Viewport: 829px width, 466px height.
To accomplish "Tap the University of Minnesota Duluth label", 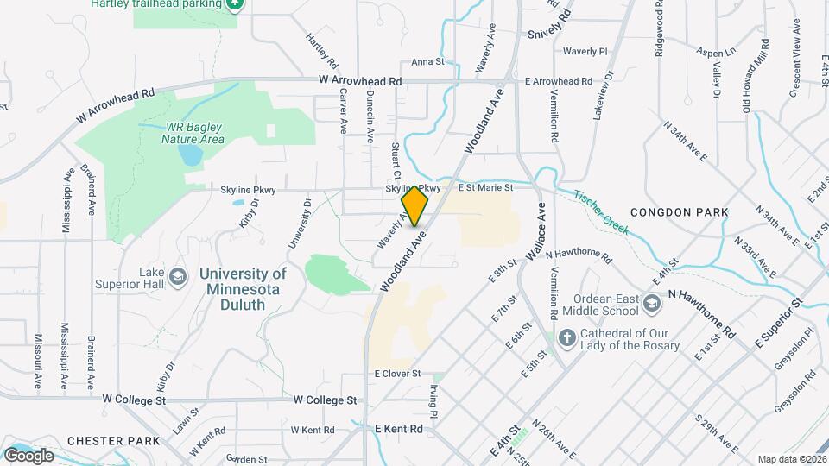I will [x=243, y=281].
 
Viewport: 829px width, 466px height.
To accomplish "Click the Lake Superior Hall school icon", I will [x=178, y=277].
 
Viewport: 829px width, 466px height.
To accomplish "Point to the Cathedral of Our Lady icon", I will [x=566, y=337].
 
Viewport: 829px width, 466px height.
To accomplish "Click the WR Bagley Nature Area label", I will [x=194, y=132].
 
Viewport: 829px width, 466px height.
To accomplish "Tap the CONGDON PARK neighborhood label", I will [x=679, y=211].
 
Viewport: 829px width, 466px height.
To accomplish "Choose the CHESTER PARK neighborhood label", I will [x=115, y=440].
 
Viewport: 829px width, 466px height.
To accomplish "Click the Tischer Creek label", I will [x=602, y=211].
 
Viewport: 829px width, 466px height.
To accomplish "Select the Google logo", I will [x=28, y=455].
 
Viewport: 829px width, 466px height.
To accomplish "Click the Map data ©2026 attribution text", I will [x=791, y=459].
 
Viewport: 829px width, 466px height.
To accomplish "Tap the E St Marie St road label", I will [x=485, y=186].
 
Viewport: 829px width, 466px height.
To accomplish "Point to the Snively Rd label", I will [x=550, y=24].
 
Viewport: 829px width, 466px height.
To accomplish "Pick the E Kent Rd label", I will [x=399, y=429].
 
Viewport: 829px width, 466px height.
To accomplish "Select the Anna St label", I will [x=427, y=62].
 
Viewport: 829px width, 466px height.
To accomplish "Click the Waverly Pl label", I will [x=585, y=51].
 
